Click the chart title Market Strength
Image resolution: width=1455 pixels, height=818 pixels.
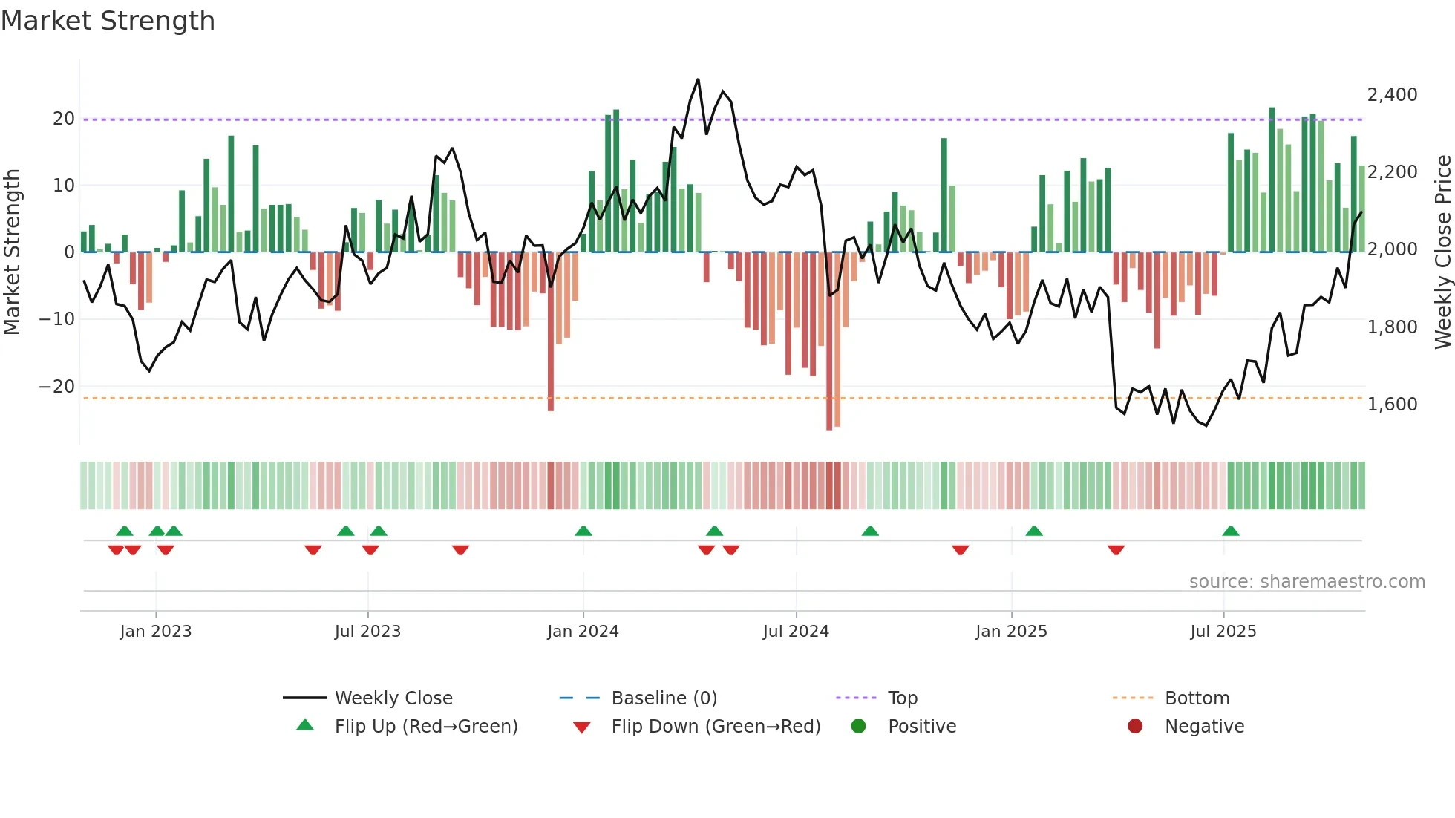tap(108, 21)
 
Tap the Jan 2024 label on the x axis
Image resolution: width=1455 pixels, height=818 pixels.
tap(583, 632)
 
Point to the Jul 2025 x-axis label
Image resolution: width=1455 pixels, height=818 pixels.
tap(1223, 632)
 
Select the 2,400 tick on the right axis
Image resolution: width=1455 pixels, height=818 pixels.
tap(1392, 95)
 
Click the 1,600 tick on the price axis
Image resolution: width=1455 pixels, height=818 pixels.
tap(1392, 405)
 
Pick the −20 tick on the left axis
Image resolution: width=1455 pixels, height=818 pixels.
tap(57, 387)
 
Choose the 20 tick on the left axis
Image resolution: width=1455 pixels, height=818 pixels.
tap(64, 119)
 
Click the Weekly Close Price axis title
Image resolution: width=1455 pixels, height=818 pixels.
tap(1442, 252)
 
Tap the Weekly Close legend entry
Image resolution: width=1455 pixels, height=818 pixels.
tap(393, 698)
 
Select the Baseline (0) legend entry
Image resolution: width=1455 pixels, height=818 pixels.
tap(664, 698)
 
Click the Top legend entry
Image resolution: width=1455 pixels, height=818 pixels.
tap(902, 698)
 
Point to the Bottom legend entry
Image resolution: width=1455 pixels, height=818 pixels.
tap(1197, 698)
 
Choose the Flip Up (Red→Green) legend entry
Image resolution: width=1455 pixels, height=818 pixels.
tap(425, 727)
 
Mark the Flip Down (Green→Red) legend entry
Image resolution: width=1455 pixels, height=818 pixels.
tap(716, 727)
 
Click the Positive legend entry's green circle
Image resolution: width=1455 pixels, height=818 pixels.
tap(859, 727)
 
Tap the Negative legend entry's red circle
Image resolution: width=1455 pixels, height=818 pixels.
tap(1135, 727)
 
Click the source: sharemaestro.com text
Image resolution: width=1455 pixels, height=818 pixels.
tap(1307, 582)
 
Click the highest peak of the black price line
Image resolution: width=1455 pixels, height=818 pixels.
tap(698, 79)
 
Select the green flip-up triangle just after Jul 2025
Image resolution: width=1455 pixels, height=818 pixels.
tap(1231, 531)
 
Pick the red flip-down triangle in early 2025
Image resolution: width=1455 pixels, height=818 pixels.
tap(1116, 550)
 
